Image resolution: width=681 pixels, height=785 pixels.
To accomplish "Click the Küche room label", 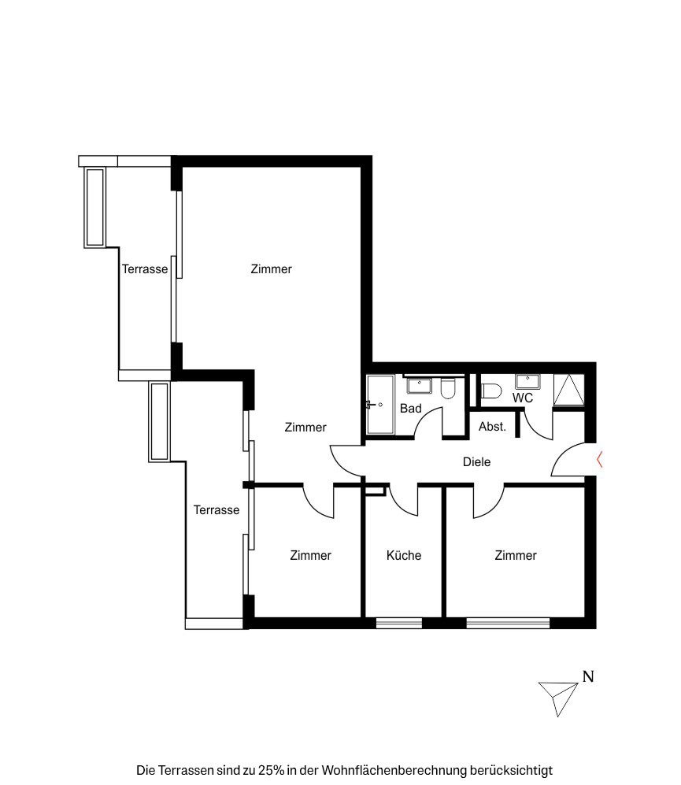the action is click(x=404, y=555).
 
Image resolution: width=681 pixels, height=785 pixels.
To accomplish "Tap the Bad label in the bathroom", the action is click(x=411, y=409).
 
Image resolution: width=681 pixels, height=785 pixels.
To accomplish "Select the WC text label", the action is click(x=523, y=398).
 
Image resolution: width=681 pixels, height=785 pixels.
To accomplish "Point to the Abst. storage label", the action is click(x=492, y=427).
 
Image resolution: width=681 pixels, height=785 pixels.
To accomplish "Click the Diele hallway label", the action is click(x=477, y=461).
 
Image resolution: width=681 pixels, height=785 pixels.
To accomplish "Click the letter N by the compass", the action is click(x=588, y=676).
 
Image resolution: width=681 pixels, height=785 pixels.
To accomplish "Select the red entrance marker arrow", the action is click(x=599, y=459).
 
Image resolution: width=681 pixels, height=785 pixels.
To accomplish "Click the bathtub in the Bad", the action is click(x=380, y=405).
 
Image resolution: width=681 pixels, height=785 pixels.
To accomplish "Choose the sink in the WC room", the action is click(x=527, y=382).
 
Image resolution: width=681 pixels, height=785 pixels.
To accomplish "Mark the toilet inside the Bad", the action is click(x=448, y=388).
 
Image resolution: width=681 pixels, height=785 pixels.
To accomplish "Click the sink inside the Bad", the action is click(x=419, y=386).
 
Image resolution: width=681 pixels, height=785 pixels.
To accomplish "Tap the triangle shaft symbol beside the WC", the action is click(x=569, y=390).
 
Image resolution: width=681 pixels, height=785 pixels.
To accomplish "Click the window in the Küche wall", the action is click(x=399, y=624).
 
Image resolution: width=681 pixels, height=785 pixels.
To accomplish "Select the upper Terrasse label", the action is click(x=145, y=268).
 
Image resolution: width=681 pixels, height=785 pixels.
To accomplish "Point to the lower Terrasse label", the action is click(x=217, y=509).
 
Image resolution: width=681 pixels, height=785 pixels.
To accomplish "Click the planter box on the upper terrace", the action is click(x=94, y=207).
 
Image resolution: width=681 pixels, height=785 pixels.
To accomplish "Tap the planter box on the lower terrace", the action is click(x=160, y=421).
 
